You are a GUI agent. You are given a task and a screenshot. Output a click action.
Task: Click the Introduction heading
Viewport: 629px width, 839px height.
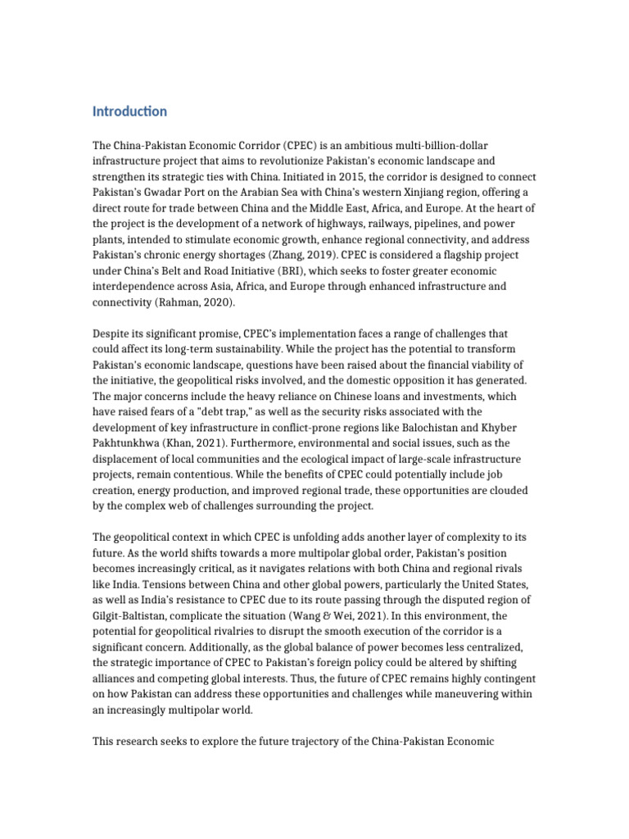(129, 111)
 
